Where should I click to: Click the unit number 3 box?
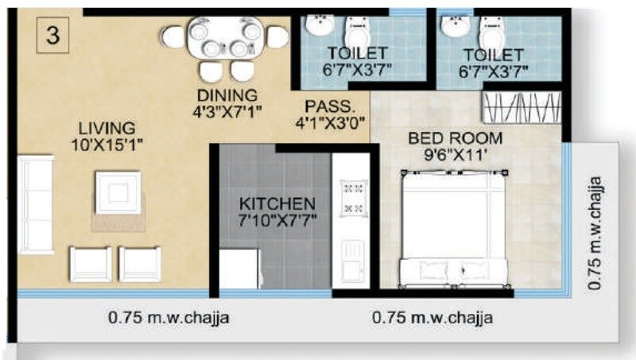click(x=52, y=37)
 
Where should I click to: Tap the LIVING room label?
click(x=107, y=128)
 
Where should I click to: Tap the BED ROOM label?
click(x=456, y=138)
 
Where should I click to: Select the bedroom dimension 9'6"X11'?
click(x=456, y=157)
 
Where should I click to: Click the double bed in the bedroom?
click(x=454, y=230)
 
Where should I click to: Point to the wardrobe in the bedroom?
click(x=523, y=106)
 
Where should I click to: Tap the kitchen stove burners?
click(x=351, y=198)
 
